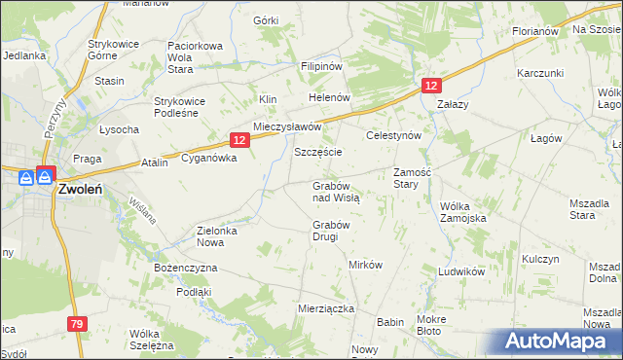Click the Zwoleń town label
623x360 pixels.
tap(82, 190)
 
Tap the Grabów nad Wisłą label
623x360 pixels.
tap(336, 191)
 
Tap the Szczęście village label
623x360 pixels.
tap(317, 154)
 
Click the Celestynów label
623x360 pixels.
tap(392, 136)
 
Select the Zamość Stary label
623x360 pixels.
tap(412, 178)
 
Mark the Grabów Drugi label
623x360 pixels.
tap(331, 231)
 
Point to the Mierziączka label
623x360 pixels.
tap(325, 306)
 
